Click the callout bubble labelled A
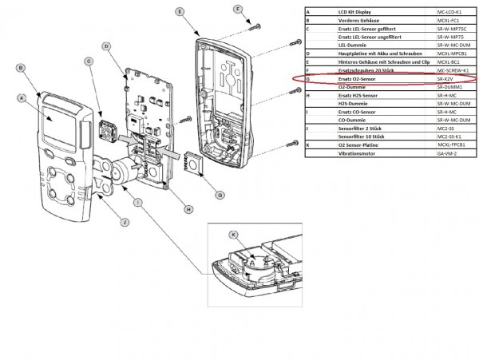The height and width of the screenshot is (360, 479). click(22, 98)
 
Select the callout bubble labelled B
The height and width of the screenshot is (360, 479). click(22, 69)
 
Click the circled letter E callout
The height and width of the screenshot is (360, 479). click(181, 12)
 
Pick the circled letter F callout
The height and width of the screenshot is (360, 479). click(237, 9)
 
